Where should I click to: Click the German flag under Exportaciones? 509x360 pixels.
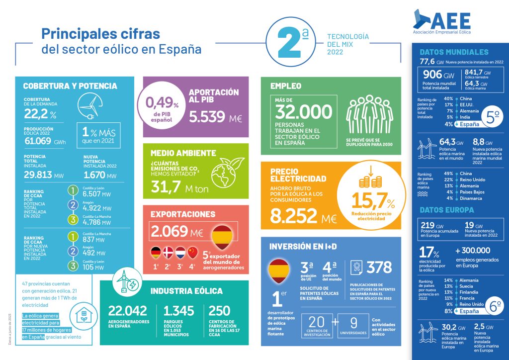(x=156, y=252)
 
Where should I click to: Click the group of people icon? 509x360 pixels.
(x=369, y=114)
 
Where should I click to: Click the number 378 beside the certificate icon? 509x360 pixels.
(x=379, y=268)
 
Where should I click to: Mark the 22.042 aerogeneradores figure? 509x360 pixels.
(x=128, y=311)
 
